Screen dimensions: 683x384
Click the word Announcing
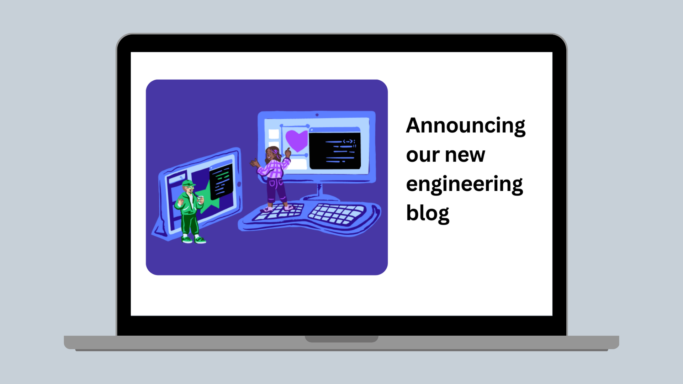point(466,126)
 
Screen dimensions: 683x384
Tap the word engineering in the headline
point(465,184)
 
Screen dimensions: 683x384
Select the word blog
point(428,213)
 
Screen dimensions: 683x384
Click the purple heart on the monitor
point(296,140)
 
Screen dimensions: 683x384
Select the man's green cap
point(188,183)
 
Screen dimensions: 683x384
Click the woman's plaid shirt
point(273,169)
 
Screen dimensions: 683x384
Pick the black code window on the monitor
point(335,148)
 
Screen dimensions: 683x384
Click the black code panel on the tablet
point(221,181)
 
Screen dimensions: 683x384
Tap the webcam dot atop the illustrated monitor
point(317,115)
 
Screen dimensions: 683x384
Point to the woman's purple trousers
point(276,191)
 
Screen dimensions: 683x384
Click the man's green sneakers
point(194,240)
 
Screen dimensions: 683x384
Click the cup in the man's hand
point(201,199)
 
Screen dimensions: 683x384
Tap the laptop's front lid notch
point(341,339)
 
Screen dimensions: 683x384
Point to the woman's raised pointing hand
point(287,153)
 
